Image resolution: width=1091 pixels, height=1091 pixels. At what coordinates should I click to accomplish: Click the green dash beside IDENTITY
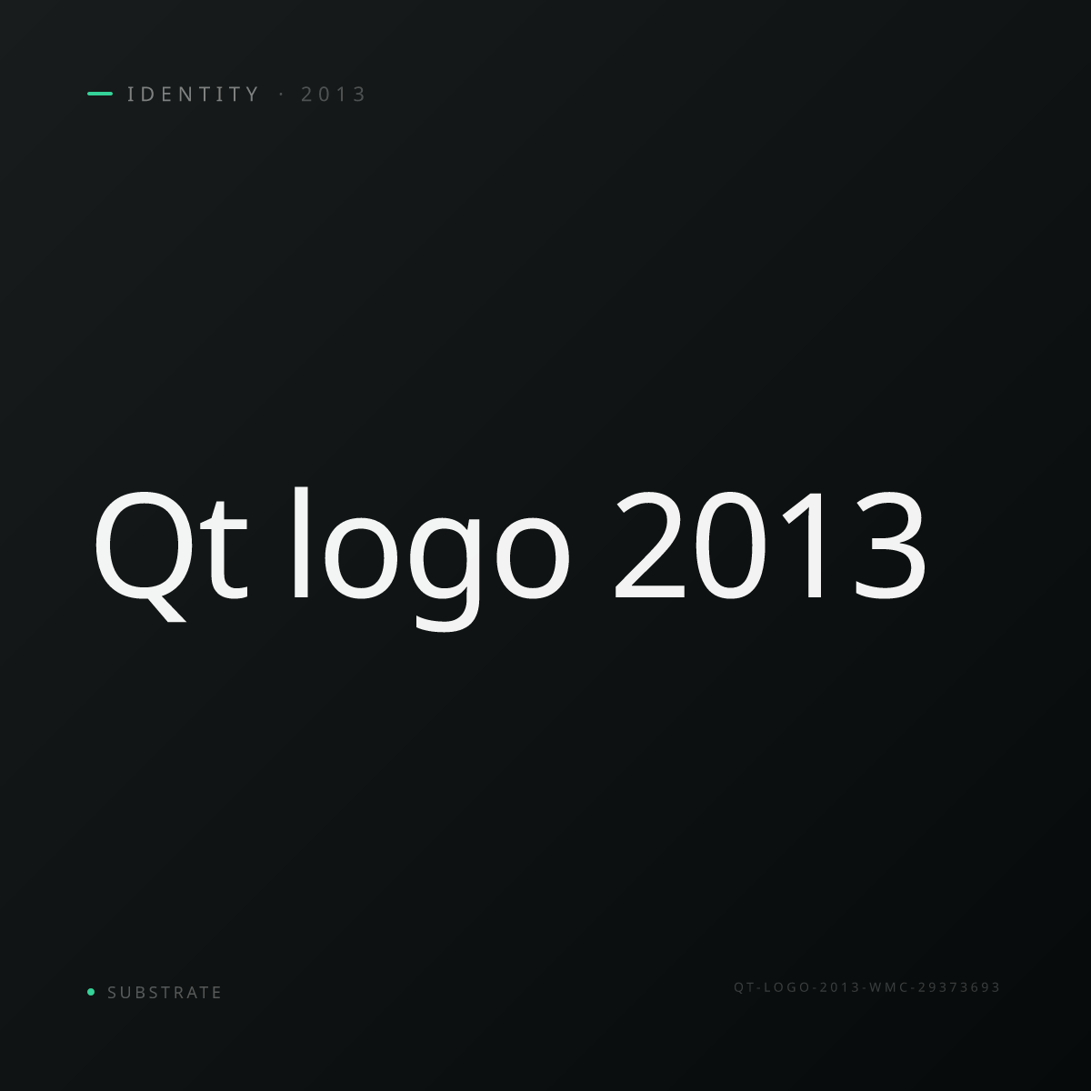(x=100, y=94)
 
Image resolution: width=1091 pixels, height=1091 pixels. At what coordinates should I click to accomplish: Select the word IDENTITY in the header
(x=193, y=94)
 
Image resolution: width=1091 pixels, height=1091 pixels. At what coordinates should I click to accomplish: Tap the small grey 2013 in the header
(x=334, y=94)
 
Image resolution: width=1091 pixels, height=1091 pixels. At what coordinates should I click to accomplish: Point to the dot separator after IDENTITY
(x=281, y=94)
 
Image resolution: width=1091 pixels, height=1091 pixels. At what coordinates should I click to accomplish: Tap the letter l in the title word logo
(x=300, y=543)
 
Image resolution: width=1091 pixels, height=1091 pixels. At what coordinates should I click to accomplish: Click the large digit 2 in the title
(x=649, y=545)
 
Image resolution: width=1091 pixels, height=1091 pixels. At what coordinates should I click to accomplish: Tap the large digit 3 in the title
(x=889, y=545)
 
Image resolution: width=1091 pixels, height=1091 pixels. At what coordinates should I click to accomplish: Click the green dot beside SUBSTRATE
(x=91, y=991)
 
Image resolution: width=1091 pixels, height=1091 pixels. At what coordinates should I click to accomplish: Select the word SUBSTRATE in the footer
(x=165, y=993)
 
